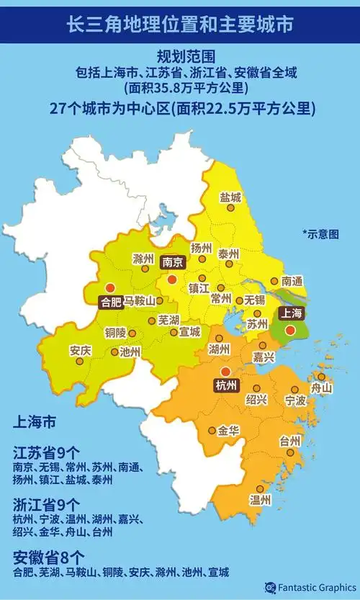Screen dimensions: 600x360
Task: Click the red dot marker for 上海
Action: pyautogui.click(x=289, y=330)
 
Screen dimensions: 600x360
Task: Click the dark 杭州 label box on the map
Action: pyautogui.click(x=226, y=385)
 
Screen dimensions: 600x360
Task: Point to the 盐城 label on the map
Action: pyautogui.click(x=230, y=197)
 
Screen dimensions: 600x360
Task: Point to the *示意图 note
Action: pyautogui.click(x=320, y=233)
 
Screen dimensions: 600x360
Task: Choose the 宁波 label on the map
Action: pyautogui.click(x=296, y=399)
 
